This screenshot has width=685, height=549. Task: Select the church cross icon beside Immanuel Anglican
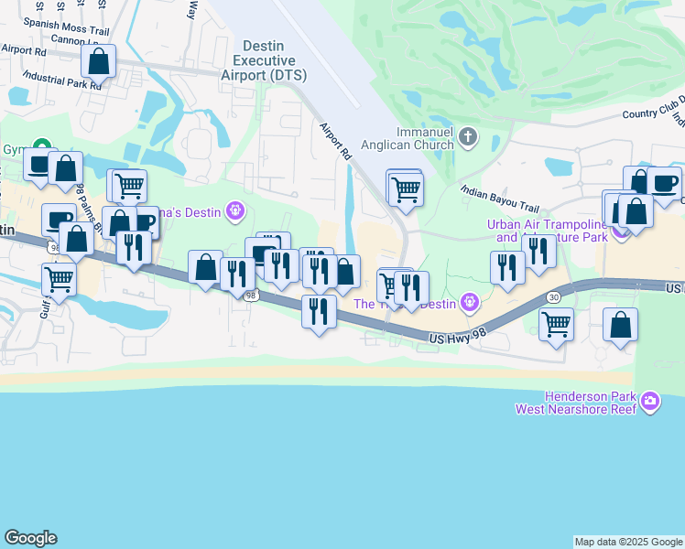pos(468,138)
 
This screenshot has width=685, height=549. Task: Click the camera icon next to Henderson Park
pos(650,401)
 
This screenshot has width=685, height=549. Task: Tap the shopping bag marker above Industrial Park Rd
pos(99,62)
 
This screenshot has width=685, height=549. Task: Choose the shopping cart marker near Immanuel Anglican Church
pos(405,190)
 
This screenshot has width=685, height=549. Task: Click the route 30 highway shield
pos(553,297)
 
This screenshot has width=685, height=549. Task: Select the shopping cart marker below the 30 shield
pos(557,324)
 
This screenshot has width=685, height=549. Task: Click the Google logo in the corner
pos(30,538)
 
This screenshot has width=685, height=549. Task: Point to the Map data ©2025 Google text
pos(628,542)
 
